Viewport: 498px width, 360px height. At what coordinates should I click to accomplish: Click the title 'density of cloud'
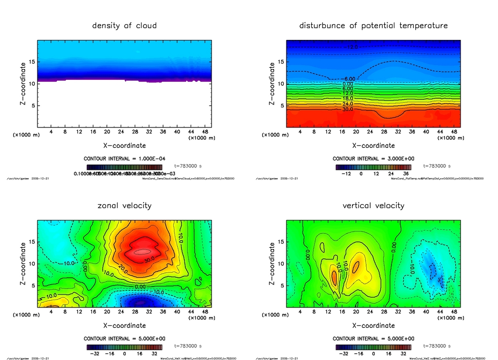124,25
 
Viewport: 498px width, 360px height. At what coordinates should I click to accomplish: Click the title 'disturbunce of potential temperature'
373,25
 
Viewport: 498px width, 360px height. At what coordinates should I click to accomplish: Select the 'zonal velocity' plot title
124,205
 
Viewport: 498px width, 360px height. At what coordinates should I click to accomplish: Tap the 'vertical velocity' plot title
373,205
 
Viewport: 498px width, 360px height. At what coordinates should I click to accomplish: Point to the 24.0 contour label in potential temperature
347,104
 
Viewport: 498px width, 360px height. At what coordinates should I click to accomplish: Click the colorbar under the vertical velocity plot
373,347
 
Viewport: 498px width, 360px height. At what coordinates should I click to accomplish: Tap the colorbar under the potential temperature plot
373,167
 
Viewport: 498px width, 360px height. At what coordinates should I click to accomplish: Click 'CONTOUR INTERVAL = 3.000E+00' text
373,159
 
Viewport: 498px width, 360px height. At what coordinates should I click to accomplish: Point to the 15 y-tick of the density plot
33,62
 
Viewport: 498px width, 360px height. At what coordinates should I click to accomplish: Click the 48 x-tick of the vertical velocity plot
453,311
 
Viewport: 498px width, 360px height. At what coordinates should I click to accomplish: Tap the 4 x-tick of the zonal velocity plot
51,311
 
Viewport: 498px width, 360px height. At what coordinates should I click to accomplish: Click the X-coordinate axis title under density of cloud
124,145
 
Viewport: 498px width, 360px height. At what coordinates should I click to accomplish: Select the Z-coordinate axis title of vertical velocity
272,263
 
